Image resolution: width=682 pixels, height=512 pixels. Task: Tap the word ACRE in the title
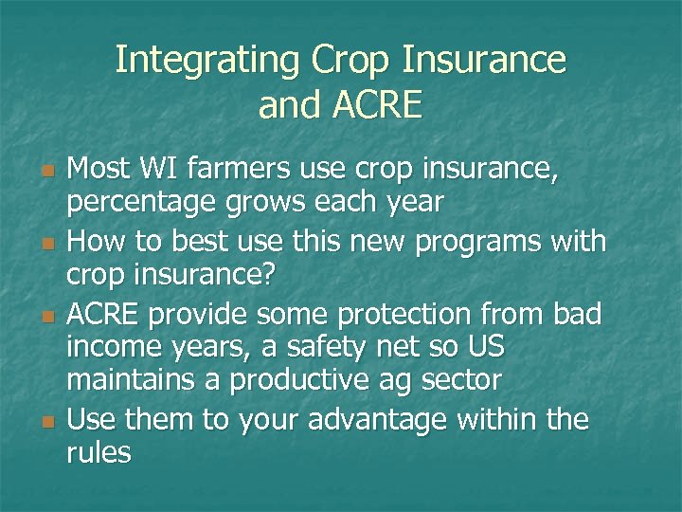(373, 105)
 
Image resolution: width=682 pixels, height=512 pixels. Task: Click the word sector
(465, 382)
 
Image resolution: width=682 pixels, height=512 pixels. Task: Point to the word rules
(99, 452)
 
